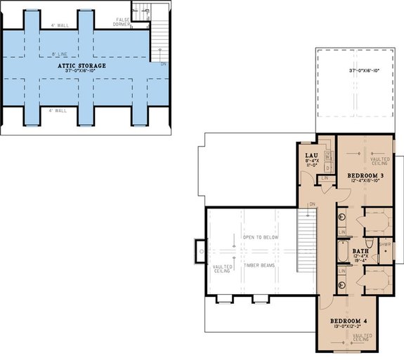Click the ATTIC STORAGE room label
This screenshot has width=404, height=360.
click(x=82, y=65)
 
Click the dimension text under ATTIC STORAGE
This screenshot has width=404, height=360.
click(x=82, y=72)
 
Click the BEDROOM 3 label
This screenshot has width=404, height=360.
click(x=364, y=175)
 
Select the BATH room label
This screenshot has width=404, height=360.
click(x=360, y=251)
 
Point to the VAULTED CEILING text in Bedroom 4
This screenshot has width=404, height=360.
click(x=363, y=339)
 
